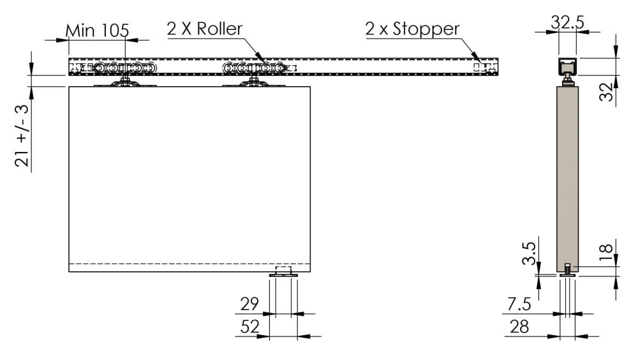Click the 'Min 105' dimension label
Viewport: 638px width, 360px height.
click(97, 31)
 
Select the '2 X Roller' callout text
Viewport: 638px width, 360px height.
click(204, 29)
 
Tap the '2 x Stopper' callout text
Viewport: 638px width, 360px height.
click(412, 29)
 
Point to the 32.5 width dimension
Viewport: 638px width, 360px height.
click(567, 22)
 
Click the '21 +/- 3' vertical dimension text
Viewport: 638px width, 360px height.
click(23, 136)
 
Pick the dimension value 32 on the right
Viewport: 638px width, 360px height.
click(606, 92)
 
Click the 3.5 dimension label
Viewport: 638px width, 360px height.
click(529, 253)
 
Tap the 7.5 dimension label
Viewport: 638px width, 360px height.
click(519, 304)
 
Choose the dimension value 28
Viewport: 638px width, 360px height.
click(519, 327)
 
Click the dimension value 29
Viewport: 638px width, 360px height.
click(249, 304)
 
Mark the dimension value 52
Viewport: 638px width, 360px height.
click(249, 327)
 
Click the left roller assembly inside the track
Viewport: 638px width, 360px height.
click(124, 68)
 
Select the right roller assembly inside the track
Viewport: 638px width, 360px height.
click(253, 68)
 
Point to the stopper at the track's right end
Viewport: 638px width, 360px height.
click(485, 67)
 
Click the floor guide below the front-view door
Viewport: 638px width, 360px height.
click(284, 273)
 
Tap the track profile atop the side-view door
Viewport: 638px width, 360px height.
click(567, 67)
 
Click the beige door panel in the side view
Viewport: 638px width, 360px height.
click(568, 179)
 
